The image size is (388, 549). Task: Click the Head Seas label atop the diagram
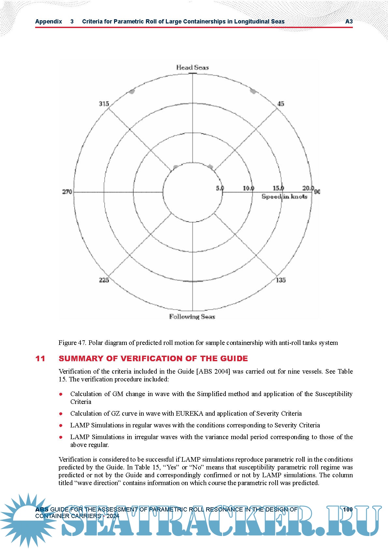pyautogui.click(x=192, y=67)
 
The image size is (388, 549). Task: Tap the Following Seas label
pyautogui.click(x=192, y=317)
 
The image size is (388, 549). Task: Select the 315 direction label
pyautogui.click(x=104, y=104)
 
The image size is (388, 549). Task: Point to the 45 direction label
pyautogui.click(x=280, y=104)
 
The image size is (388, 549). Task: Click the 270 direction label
pyautogui.click(x=67, y=192)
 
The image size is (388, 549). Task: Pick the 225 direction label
pyautogui.click(x=104, y=280)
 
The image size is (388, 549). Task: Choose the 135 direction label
pyautogui.click(x=280, y=280)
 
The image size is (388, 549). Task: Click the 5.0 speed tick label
pyautogui.click(x=220, y=188)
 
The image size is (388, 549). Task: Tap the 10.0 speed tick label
pyautogui.click(x=249, y=188)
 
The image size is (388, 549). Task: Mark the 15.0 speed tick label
pyautogui.click(x=278, y=188)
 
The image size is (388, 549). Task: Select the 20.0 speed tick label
pyautogui.click(x=308, y=188)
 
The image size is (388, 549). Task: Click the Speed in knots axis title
pyautogui.click(x=284, y=197)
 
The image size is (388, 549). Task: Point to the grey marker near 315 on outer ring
pyautogui.click(x=132, y=92)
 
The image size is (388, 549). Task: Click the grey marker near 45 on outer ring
pyautogui.click(x=253, y=91)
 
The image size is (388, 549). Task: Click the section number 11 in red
pyautogui.click(x=40, y=359)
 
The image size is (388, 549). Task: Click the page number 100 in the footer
pyautogui.click(x=348, y=509)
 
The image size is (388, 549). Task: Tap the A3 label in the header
pyautogui.click(x=349, y=22)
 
